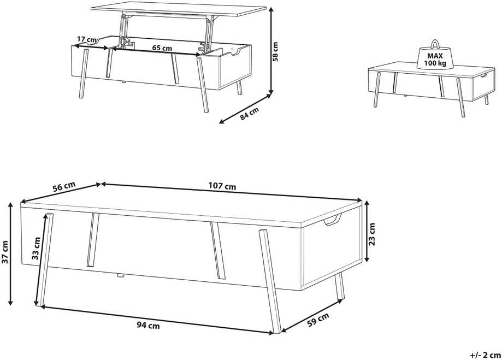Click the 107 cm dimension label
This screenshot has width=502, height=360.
pyautogui.click(x=222, y=186)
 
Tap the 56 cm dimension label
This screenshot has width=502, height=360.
pyautogui.click(x=64, y=186)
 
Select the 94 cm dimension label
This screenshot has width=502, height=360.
pyautogui.click(x=148, y=326)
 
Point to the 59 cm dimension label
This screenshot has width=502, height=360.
pyautogui.click(x=318, y=320)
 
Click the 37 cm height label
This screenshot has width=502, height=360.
pyautogui.click(x=5, y=252)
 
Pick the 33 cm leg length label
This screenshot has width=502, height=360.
pyautogui.click(x=36, y=248)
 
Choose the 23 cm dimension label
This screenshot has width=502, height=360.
pyautogui.click(x=371, y=234)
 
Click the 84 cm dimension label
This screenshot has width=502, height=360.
pyautogui.click(x=250, y=114)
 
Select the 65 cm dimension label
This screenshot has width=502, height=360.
pyautogui.click(x=162, y=48)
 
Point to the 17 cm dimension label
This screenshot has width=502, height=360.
pyautogui.click(x=87, y=39)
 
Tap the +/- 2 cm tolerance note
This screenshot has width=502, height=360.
pyautogui.click(x=485, y=355)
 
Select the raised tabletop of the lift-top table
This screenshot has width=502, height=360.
pyautogui.click(x=179, y=10)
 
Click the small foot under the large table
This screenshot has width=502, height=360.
pyautogui.click(x=120, y=275)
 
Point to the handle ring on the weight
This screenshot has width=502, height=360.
pyautogui.click(x=435, y=44)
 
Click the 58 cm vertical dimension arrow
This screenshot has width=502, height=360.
pyautogui.click(x=271, y=51)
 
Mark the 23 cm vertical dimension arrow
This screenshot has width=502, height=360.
pyautogui.click(x=367, y=231)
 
